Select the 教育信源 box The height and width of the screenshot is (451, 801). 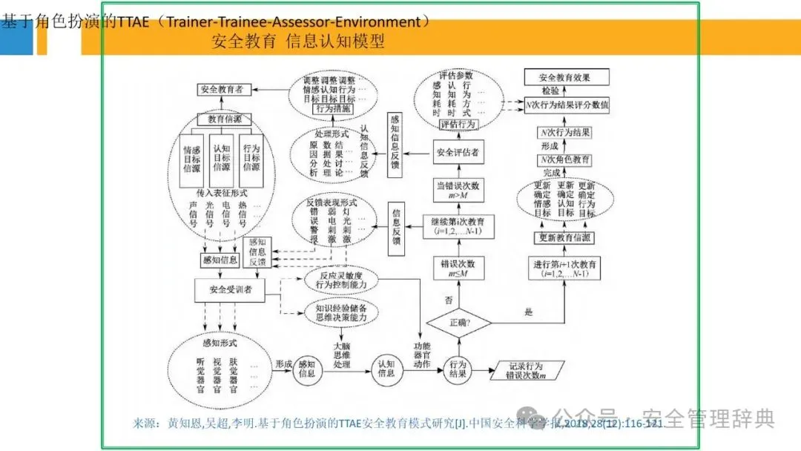pos(225,119)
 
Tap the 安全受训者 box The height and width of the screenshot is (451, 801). pos(231,290)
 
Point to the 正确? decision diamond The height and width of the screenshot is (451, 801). pos(460,323)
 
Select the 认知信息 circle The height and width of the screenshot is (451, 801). pos(386,368)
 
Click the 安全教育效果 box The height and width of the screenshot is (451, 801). pos(566,77)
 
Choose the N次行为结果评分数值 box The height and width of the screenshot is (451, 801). pos(566,105)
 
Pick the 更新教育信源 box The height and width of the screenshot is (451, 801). pos(565,237)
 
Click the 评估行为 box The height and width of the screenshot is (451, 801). pos(458,125)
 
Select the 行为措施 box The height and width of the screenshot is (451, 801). pos(334,109)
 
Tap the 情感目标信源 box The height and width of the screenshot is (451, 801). pos(192,159)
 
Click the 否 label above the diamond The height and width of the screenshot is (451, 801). pos(448,300)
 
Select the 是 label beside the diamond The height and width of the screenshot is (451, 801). pos(529,312)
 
